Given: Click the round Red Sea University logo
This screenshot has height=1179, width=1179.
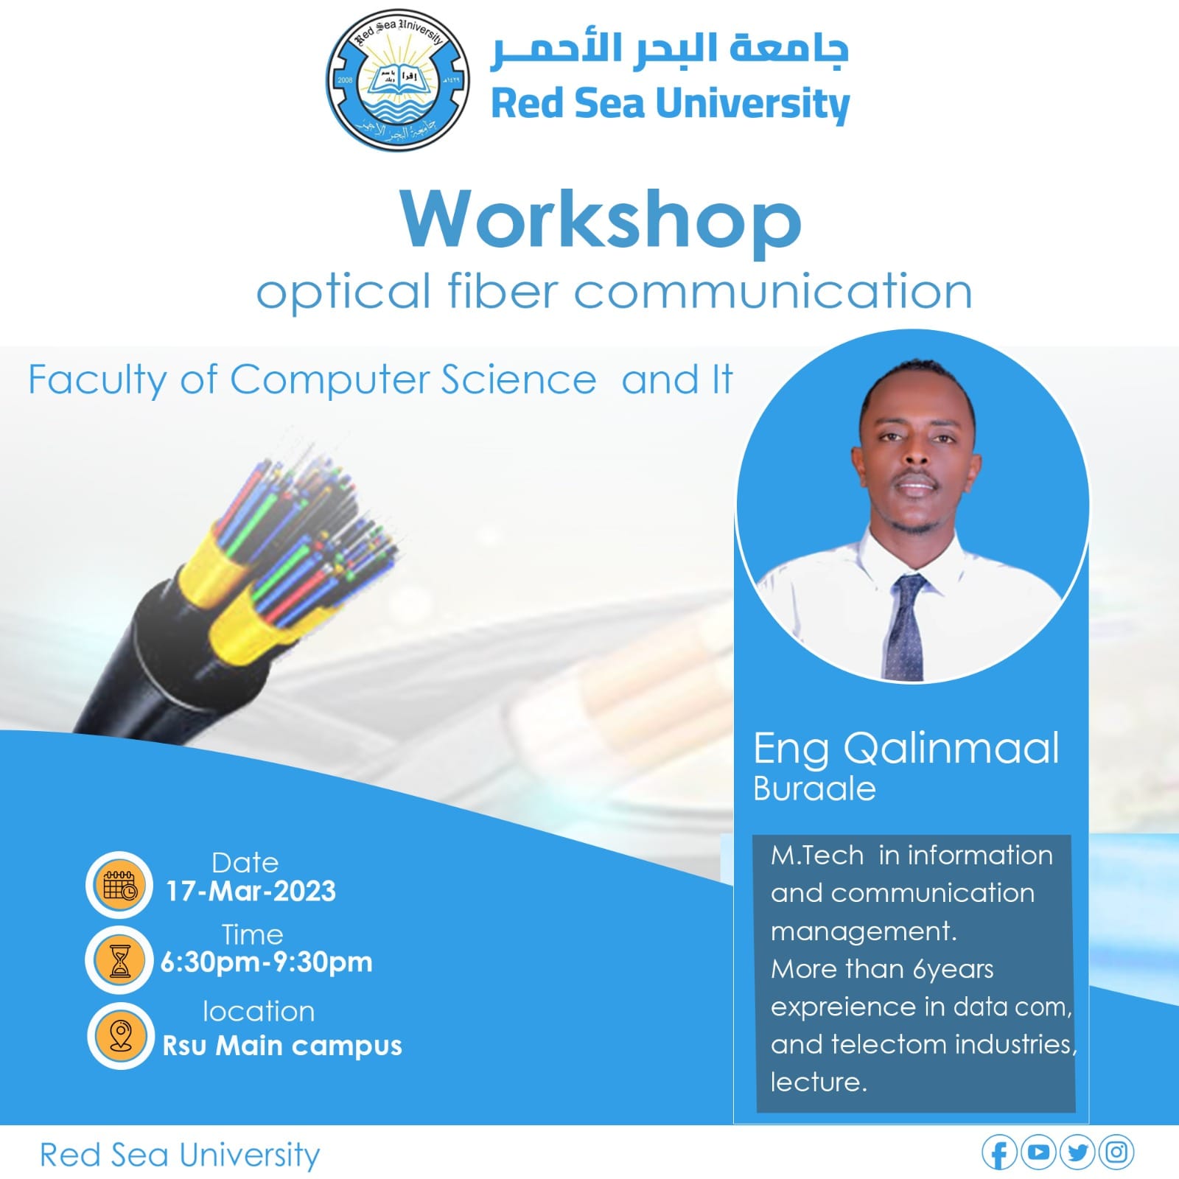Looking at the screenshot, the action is [397, 81].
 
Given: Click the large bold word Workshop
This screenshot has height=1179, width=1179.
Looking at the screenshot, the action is [601, 220].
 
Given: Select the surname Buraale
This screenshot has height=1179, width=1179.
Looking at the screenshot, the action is [814, 789].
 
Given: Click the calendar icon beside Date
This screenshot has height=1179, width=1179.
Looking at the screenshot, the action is [119, 884].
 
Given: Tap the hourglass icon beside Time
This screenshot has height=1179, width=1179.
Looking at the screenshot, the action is [119, 959].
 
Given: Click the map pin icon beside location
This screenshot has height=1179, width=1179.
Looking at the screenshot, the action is [121, 1035].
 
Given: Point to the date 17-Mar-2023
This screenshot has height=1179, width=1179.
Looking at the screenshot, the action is [251, 892].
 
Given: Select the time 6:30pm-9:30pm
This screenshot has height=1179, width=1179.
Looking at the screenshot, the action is [267, 962].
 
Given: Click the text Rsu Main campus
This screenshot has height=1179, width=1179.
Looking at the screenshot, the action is [282, 1046].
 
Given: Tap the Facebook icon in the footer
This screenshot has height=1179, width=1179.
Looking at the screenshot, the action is [999, 1153].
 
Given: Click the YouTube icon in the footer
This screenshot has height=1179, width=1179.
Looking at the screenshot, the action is [1038, 1152].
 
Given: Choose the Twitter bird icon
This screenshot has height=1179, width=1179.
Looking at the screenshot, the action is [1077, 1152].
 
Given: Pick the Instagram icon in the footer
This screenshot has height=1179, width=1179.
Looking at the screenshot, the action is [1116, 1152].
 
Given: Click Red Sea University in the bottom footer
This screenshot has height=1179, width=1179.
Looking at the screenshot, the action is [180, 1155].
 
